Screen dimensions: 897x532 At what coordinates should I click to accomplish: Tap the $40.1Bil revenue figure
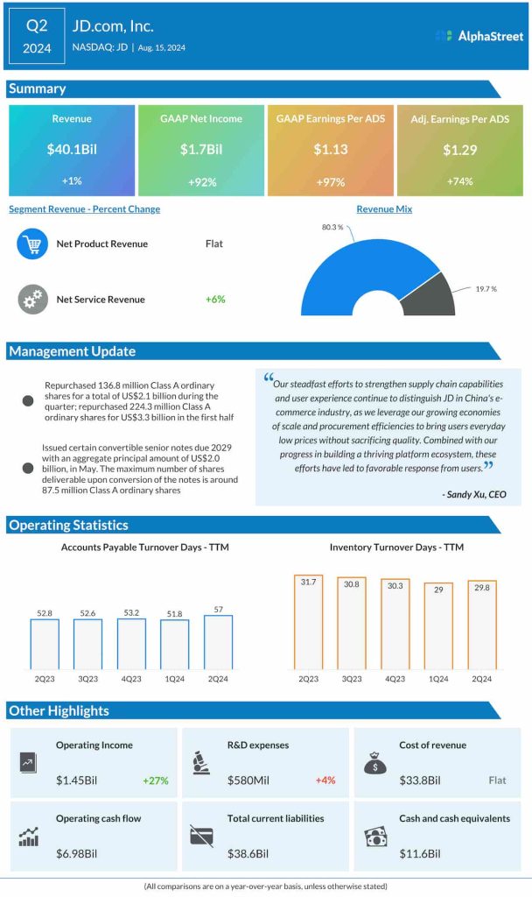pos(72,149)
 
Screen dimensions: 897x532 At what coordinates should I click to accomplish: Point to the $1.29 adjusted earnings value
pos(459,150)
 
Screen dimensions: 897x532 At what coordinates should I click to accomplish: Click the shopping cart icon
pos(32,244)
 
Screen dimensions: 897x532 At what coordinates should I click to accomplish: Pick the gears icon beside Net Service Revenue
pos(32,299)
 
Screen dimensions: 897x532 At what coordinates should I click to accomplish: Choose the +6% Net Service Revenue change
pos(215,299)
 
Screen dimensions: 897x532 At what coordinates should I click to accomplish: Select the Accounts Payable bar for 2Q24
pos(219,642)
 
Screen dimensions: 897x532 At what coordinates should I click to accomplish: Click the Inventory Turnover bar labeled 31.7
pos(310,623)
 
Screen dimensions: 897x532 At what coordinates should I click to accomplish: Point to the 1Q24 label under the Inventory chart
pos(438,679)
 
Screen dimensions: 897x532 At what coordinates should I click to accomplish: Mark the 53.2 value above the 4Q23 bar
pos(131,612)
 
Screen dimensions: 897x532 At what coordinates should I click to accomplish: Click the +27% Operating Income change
pos(155,780)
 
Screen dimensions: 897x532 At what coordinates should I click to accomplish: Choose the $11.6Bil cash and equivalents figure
pos(421,853)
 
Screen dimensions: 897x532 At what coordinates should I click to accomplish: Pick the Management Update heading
pos(72,351)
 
